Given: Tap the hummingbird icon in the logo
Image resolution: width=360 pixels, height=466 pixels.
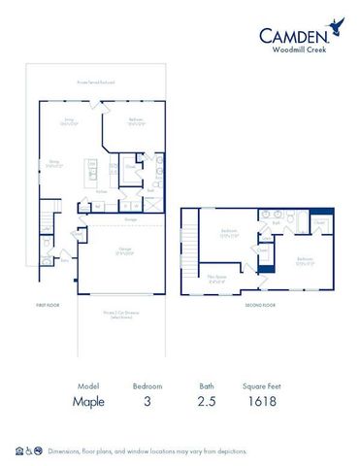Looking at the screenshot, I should click(x=338, y=26).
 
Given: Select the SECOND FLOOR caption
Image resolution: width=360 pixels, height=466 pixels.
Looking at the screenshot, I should click(x=259, y=305).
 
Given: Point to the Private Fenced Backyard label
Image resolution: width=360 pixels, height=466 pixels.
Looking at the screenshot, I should click(x=96, y=83).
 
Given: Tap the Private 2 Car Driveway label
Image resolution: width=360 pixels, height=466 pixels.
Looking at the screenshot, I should click(x=120, y=315).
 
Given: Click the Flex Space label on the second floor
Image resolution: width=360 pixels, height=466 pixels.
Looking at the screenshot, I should click(x=217, y=277).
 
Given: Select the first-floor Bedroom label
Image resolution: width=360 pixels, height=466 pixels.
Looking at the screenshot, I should click(x=137, y=121).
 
